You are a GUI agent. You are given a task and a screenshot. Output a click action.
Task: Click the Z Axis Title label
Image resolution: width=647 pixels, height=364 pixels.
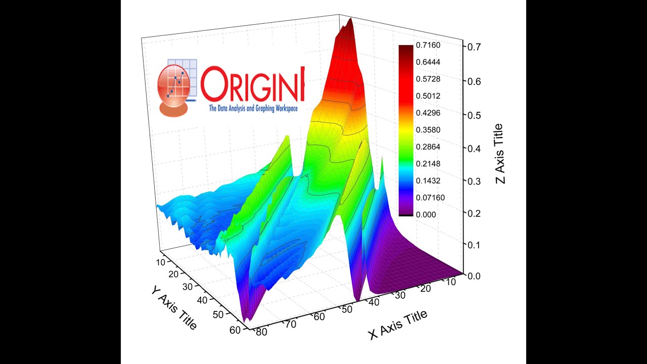pyautogui.click(x=501, y=154)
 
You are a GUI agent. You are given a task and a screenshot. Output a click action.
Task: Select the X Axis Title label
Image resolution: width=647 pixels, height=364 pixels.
pyautogui.click(x=398, y=325)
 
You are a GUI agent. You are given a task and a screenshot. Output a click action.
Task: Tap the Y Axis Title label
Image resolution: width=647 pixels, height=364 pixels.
pyautogui.click(x=173, y=307)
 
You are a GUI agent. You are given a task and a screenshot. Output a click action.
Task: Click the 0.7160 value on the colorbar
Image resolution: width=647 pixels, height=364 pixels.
pyautogui.click(x=428, y=45)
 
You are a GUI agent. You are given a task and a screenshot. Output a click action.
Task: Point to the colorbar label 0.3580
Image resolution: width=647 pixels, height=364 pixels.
pyautogui.click(x=428, y=130)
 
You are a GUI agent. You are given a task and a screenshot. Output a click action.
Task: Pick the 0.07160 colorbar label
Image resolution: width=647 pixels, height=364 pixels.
pyautogui.click(x=430, y=198)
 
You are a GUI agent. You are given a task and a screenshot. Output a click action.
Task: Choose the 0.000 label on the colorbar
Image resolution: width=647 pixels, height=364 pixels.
pyautogui.click(x=426, y=214)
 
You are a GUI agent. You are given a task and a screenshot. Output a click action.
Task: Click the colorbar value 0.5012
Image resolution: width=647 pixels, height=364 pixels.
pyautogui.click(x=428, y=96)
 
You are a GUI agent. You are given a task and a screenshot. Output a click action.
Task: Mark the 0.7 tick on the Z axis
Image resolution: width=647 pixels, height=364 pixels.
pyautogui.click(x=474, y=46)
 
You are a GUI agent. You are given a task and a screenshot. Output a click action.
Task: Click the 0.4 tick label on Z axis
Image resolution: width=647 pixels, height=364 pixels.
pyautogui.click(x=474, y=149)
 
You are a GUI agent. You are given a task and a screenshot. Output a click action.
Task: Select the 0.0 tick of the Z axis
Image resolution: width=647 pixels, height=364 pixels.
pyautogui.click(x=474, y=276)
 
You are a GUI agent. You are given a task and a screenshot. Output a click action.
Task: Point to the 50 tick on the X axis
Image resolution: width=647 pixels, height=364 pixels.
pyautogui.click(x=346, y=309)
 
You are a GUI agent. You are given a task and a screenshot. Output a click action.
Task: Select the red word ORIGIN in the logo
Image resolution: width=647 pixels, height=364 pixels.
pyautogui.click(x=253, y=85)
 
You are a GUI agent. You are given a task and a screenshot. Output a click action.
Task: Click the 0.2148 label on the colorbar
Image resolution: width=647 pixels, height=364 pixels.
pyautogui.click(x=428, y=164)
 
